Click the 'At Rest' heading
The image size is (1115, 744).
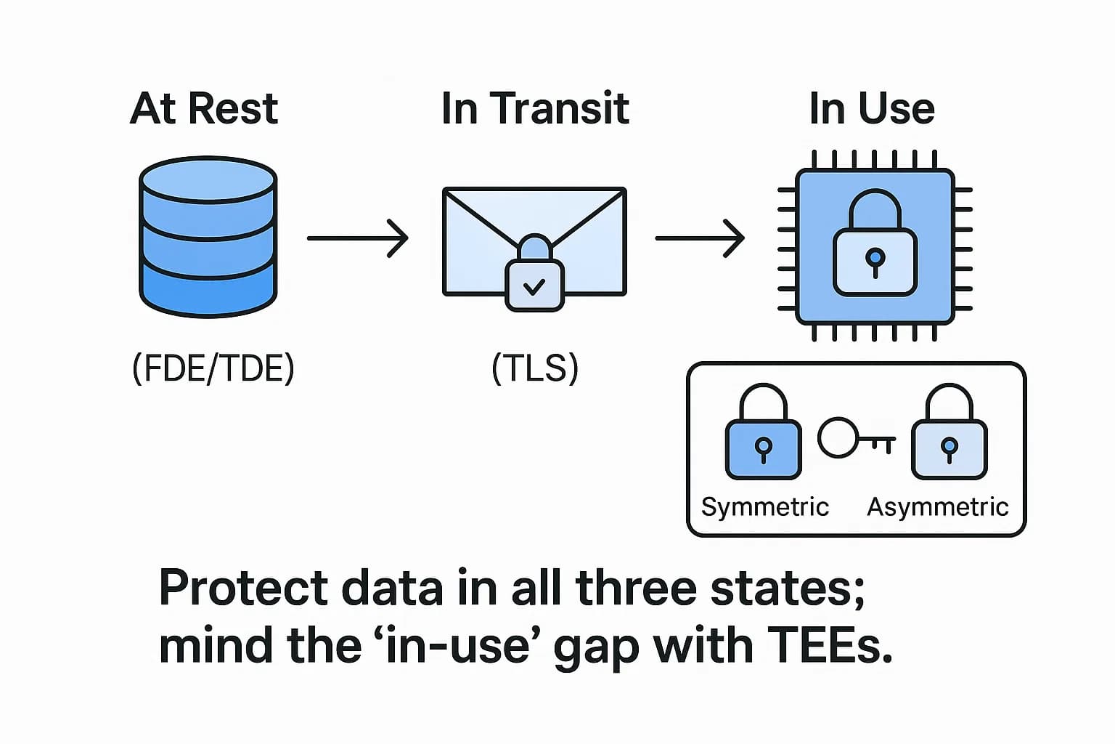click(204, 109)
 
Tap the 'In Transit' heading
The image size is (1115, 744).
click(535, 109)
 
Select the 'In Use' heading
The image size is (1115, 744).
click(872, 109)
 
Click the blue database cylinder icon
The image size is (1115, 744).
click(208, 237)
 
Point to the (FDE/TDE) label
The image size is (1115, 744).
click(213, 368)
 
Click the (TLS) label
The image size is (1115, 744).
click(535, 368)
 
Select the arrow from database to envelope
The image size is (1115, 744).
click(357, 238)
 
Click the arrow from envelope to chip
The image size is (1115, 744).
click(700, 238)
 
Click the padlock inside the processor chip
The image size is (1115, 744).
click(875, 244)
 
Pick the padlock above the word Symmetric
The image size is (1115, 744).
click(763, 433)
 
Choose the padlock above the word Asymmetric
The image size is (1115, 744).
click(949, 433)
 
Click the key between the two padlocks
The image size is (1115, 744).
click(856, 438)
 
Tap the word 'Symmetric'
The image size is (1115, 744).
click(764, 506)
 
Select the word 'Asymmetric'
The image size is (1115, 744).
click(937, 506)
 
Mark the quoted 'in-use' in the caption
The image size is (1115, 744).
click(457, 645)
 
